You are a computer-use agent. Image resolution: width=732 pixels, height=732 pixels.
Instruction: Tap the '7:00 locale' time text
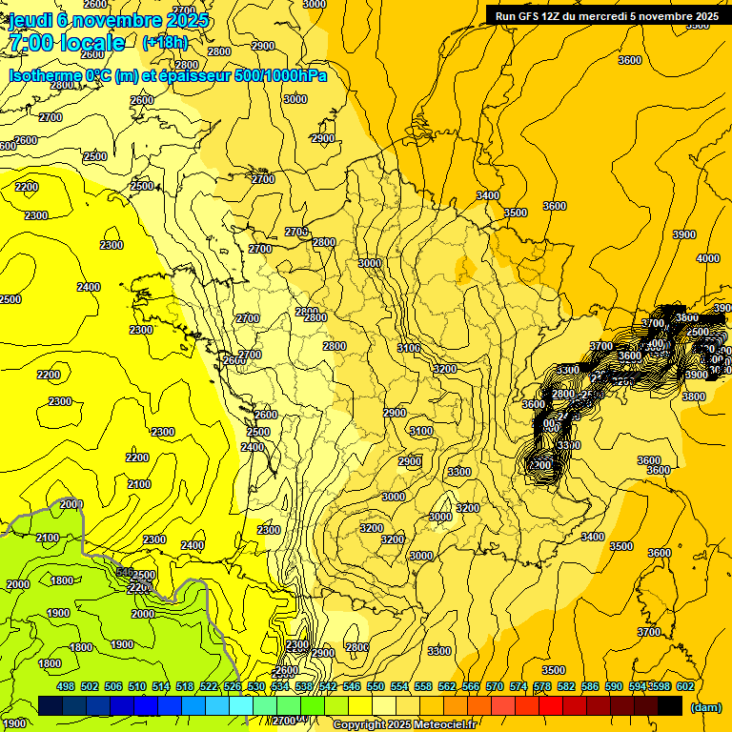click(x=67, y=43)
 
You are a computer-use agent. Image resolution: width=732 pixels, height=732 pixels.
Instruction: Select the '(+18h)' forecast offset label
click(x=166, y=43)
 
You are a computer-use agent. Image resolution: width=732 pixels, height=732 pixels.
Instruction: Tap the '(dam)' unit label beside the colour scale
click(x=705, y=707)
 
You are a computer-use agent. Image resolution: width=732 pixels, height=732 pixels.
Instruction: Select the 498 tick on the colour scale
click(x=66, y=686)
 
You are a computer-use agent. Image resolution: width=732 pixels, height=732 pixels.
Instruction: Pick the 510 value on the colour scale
click(x=137, y=686)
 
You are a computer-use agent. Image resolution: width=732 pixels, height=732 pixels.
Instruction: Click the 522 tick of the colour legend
click(x=209, y=686)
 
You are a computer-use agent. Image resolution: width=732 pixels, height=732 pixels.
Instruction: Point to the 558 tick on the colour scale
click(x=423, y=686)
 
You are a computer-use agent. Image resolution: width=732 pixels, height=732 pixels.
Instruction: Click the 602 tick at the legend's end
click(x=684, y=686)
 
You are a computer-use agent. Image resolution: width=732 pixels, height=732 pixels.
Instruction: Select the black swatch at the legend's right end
click(x=670, y=705)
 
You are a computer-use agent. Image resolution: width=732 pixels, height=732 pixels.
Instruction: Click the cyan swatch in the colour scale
click(x=241, y=705)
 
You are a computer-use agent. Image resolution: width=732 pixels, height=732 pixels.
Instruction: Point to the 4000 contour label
click(x=708, y=258)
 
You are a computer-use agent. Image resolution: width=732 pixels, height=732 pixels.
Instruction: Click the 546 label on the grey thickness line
click(x=124, y=572)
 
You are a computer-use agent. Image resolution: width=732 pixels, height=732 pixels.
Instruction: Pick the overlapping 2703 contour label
click(x=296, y=232)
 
